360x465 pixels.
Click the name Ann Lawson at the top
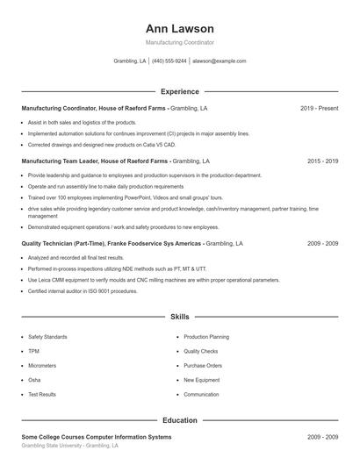pyautogui.click(x=179, y=28)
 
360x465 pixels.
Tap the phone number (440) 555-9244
pyautogui.click(x=169, y=61)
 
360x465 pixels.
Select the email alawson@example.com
pyautogui.click(x=219, y=61)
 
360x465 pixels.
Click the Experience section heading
pyautogui.click(x=179, y=91)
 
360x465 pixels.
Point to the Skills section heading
pyautogui.click(x=179, y=316)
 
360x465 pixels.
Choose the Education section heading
pyautogui.click(x=179, y=420)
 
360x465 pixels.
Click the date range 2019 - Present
pyautogui.click(x=319, y=108)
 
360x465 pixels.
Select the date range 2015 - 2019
pyautogui.click(x=322, y=161)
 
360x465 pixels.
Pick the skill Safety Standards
pyautogui.click(x=47, y=337)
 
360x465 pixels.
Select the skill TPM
pyautogui.click(x=33, y=351)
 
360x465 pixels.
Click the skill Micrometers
pyautogui.click(x=42, y=365)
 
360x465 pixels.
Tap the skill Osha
pyautogui.click(x=34, y=380)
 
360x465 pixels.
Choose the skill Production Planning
pyautogui.click(x=206, y=337)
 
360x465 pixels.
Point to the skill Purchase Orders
pyautogui.click(x=203, y=365)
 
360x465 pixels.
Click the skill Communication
pyautogui.click(x=201, y=394)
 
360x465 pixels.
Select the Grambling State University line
pyautogui.click(x=68, y=446)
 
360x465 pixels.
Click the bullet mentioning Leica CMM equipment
pyautogui.click(x=154, y=280)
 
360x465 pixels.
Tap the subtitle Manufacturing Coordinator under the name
pyautogui.click(x=179, y=42)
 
